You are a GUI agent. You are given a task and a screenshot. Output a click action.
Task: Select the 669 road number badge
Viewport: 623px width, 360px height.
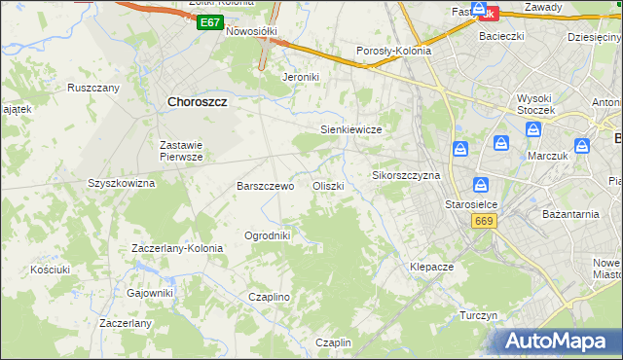pos(483,222)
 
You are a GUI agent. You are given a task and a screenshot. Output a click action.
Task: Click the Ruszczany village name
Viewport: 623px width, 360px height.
pos(92,88)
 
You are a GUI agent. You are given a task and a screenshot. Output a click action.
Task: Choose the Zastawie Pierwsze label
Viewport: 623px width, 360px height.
pos(181,151)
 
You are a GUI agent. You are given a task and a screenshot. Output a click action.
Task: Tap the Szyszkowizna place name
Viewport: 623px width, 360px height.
pos(122,182)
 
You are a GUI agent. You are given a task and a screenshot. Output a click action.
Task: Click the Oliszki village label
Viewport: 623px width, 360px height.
pos(328,186)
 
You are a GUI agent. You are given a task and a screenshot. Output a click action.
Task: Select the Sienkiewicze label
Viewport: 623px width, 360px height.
pos(350,129)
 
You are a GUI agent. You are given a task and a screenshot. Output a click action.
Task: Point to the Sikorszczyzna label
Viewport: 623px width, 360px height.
pos(406,176)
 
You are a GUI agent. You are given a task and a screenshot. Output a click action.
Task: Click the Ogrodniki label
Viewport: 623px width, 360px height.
pos(268,235)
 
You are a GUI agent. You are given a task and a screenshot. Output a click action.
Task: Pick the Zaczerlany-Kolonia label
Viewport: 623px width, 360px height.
pos(177,248)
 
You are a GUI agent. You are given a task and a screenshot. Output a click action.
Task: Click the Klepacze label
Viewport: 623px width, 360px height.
pos(432,266)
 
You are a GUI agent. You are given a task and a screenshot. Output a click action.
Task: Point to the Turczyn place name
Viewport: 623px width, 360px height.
pos(479,316)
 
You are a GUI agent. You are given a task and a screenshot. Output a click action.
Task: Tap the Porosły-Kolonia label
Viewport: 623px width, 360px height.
pos(394,53)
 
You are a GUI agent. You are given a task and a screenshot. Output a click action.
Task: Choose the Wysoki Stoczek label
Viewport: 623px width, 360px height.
pos(535,104)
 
